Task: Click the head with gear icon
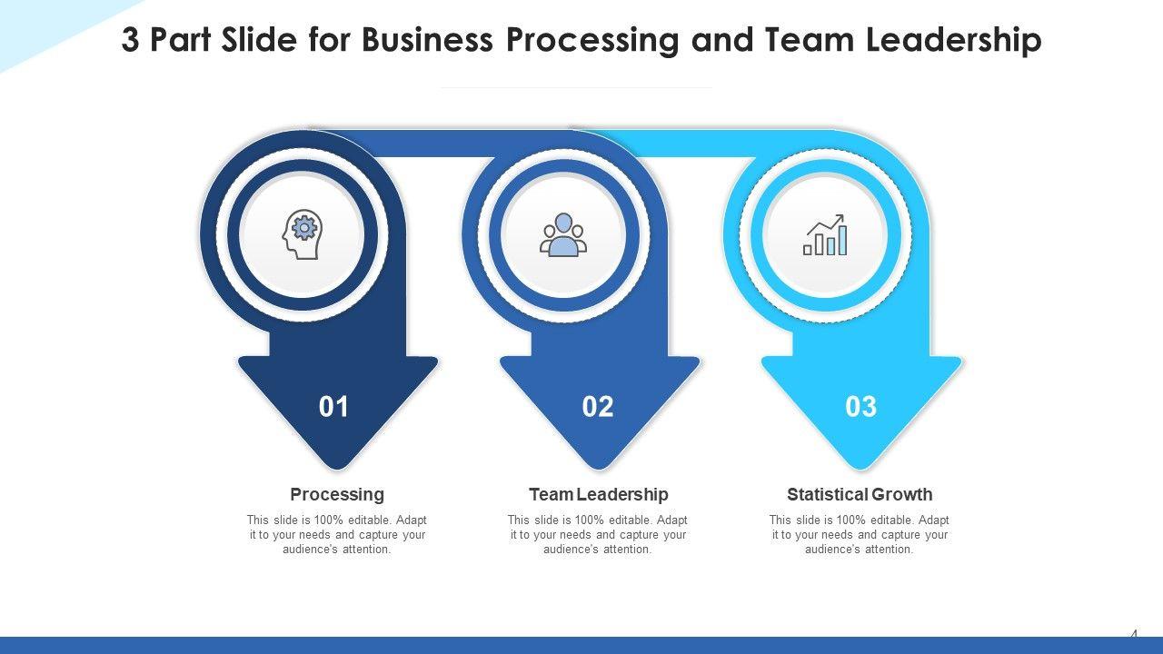pyautogui.click(x=303, y=235)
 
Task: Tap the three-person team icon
pyautogui.click(x=563, y=235)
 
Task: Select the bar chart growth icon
pyautogui.click(x=825, y=235)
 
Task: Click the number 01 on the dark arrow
pyautogui.click(x=334, y=407)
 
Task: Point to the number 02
pyautogui.click(x=598, y=407)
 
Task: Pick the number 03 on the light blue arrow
pyautogui.click(x=860, y=407)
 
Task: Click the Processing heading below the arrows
pyautogui.click(x=337, y=494)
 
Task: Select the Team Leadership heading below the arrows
pyautogui.click(x=598, y=494)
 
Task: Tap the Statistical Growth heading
pyautogui.click(x=860, y=494)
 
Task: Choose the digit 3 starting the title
pyautogui.click(x=131, y=41)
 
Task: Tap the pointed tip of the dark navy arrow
pyautogui.click(x=337, y=465)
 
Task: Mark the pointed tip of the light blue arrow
pyautogui.click(x=860, y=465)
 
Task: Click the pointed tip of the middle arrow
pyautogui.click(x=599, y=465)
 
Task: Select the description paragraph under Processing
pyautogui.click(x=337, y=535)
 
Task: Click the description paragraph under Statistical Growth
pyautogui.click(x=860, y=535)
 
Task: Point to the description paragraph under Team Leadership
pyautogui.click(x=598, y=535)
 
